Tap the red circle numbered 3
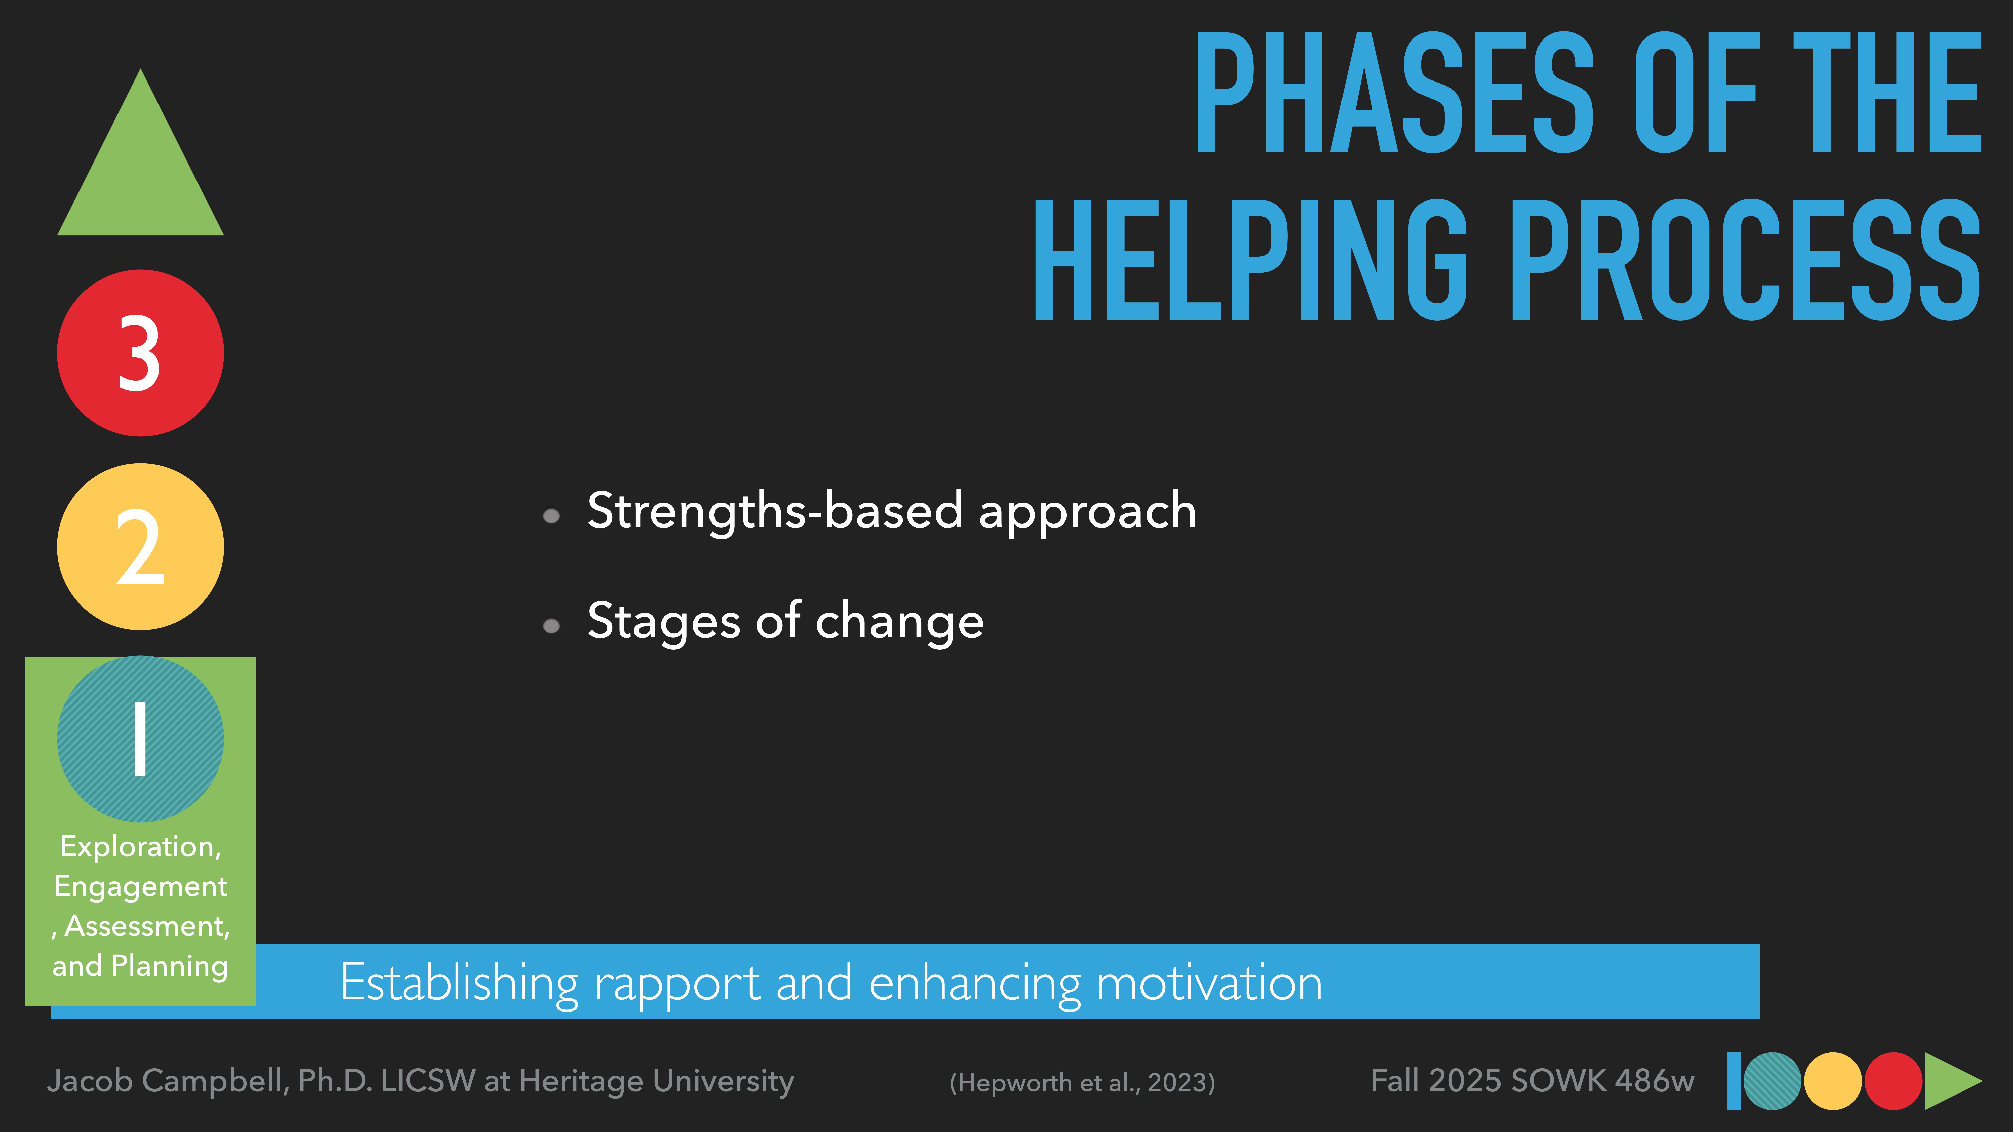click(141, 353)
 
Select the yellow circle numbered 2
click(141, 547)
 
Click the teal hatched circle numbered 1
click(141, 739)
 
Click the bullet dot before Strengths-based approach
click(551, 516)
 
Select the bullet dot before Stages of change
click(551, 626)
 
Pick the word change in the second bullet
click(899, 623)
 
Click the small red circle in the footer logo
click(1893, 1081)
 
